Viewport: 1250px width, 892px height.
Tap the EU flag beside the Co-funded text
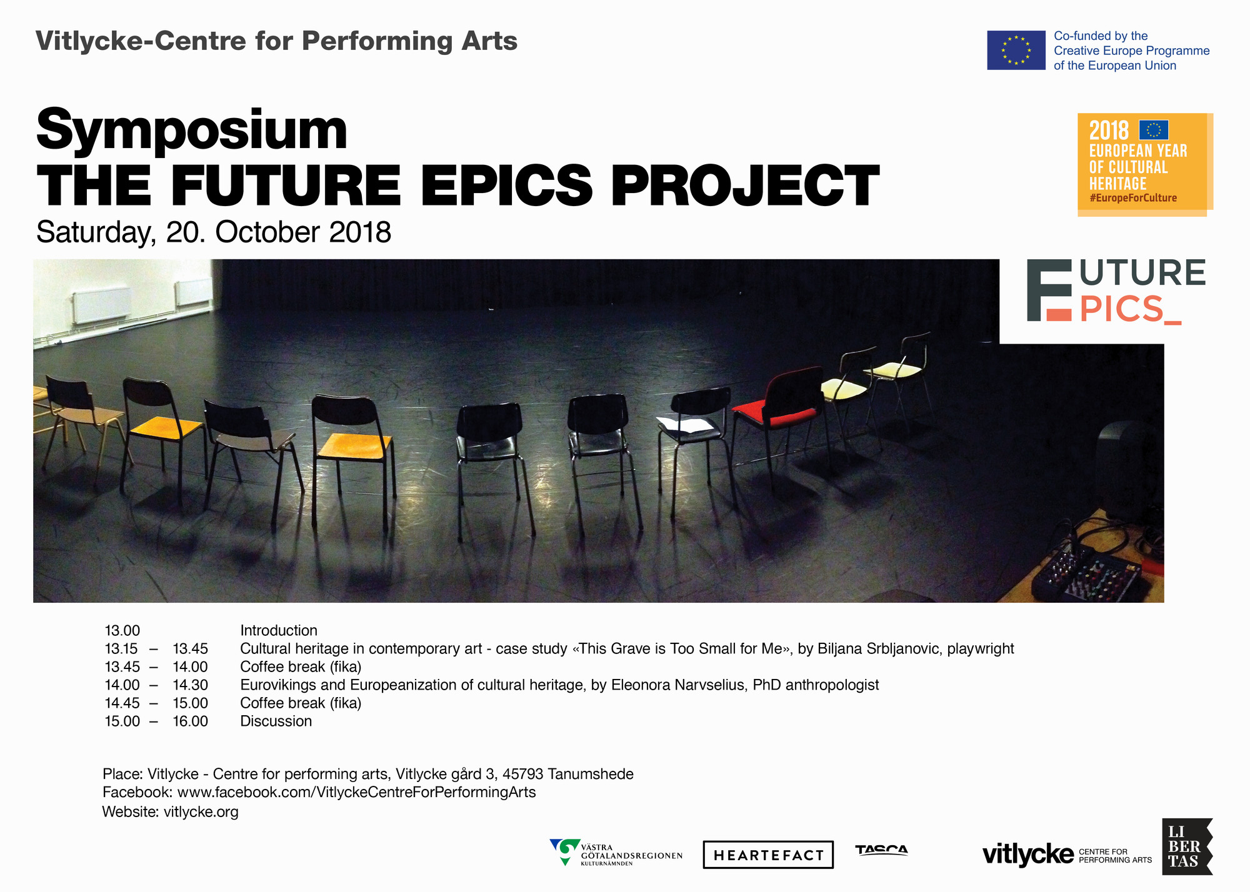(x=1016, y=50)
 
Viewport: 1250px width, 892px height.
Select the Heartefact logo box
(x=768, y=855)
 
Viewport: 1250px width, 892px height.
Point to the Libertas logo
(x=1187, y=846)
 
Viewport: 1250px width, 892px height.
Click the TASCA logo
(x=881, y=850)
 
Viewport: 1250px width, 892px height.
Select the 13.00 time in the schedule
(x=122, y=631)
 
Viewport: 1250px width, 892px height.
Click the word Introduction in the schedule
(x=279, y=631)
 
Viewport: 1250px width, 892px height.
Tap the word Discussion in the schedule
(x=276, y=721)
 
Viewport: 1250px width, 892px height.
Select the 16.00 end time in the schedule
(x=191, y=721)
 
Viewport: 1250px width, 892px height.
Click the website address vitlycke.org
(x=201, y=812)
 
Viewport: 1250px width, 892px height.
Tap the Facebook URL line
(x=319, y=793)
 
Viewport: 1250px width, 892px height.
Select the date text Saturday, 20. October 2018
(x=214, y=233)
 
